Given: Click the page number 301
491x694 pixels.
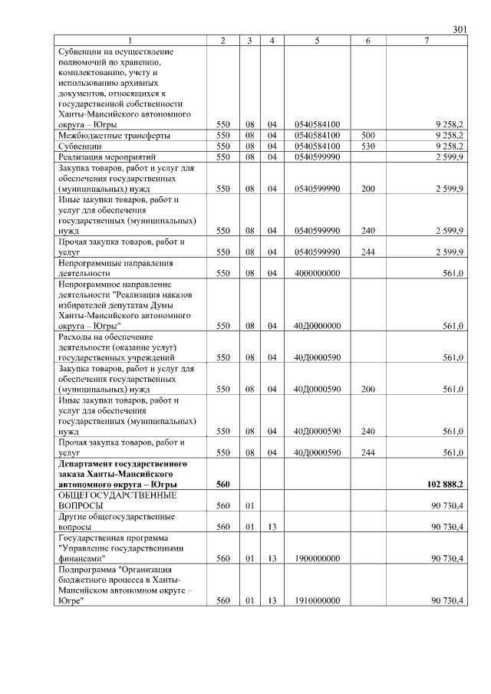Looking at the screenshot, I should (460, 30).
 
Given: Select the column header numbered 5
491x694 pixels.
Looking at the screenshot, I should (317, 41).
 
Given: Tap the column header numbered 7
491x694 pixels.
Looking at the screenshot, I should (427, 41).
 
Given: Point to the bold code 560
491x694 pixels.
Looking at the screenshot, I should (223, 485).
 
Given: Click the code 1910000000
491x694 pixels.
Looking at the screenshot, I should (317, 600).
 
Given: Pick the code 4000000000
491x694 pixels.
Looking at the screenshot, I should (317, 272).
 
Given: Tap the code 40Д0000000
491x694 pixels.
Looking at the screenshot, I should (317, 325).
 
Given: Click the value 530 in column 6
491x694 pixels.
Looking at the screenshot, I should (367, 146).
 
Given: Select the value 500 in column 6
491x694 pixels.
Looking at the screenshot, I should (367, 135).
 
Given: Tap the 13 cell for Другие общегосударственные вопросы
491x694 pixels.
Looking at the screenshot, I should (272, 528).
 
